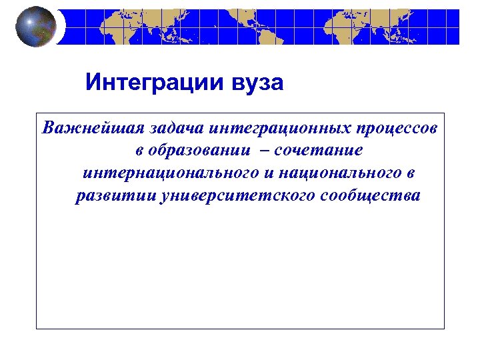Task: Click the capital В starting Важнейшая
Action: (47, 128)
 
